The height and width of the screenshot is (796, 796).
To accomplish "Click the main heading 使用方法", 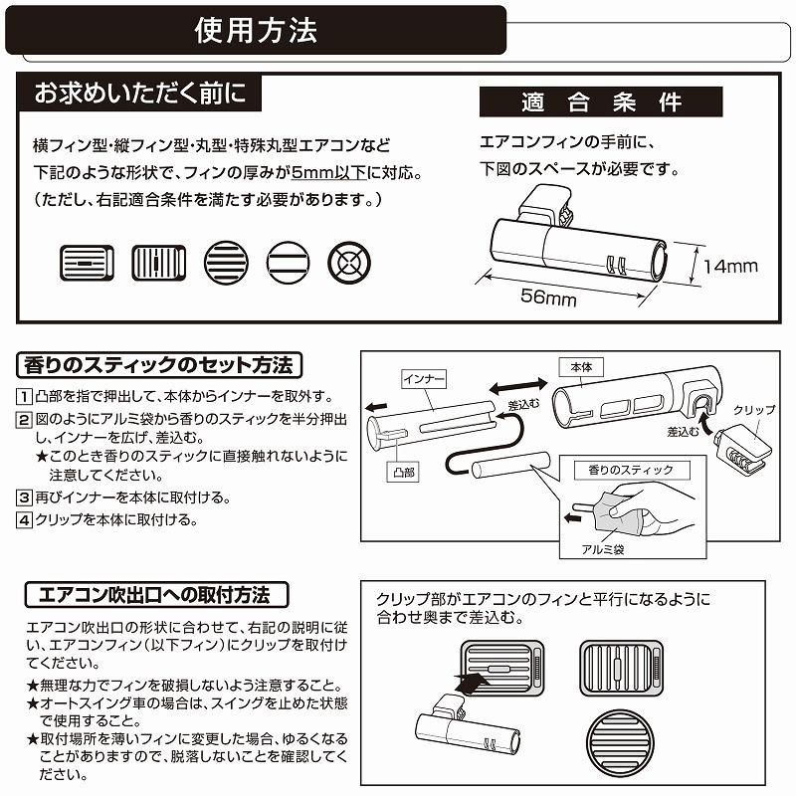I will point(256,30).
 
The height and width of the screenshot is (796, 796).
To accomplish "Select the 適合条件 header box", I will point(601,102).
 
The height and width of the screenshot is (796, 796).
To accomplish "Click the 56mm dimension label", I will point(548,298).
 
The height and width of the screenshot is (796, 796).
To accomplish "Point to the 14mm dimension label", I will point(730,266).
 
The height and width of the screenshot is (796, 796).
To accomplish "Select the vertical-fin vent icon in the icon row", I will point(153,265).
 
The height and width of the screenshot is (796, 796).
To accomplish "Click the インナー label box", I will point(423,379).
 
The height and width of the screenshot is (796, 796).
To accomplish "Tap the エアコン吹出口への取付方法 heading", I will point(158,595).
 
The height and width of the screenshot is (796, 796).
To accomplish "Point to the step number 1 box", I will point(24,396).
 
